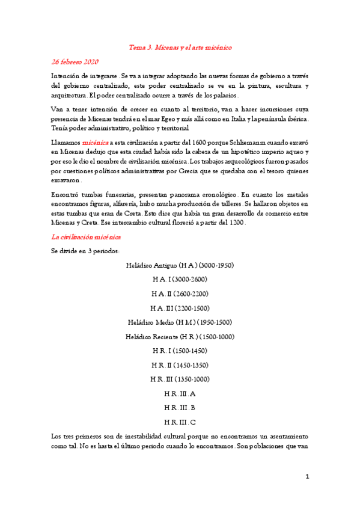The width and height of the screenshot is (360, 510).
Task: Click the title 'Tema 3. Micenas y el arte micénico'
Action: click(180, 47)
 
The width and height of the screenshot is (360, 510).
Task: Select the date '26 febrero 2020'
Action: click(75, 62)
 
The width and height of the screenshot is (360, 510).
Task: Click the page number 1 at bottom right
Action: click(307, 477)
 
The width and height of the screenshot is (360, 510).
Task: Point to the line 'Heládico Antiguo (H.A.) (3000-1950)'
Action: click(180, 265)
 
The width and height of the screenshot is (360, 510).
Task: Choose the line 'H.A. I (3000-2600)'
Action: click(180, 279)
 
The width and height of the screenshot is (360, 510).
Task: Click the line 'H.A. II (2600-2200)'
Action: click(180, 293)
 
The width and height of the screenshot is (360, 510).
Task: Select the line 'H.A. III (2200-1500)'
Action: click(180, 308)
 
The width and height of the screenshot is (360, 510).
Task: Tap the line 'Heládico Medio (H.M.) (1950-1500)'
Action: click(180, 322)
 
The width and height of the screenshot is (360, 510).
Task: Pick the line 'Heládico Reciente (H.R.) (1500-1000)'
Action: click(180, 336)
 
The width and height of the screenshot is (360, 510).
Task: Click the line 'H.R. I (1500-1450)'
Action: click(180, 351)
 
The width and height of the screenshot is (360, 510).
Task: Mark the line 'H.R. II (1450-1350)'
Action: click(180, 365)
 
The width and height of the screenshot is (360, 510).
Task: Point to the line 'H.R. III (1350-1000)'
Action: click(180, 379)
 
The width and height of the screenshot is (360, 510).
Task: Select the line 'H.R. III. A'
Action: click(180, 393)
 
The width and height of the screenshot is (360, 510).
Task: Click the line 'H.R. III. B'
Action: click(180, 408)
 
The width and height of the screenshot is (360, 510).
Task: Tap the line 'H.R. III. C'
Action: click(180, 422)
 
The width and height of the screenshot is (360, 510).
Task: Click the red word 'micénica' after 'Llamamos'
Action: click(95, 143)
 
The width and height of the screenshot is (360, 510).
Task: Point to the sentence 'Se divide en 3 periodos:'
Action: click(86, 251)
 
